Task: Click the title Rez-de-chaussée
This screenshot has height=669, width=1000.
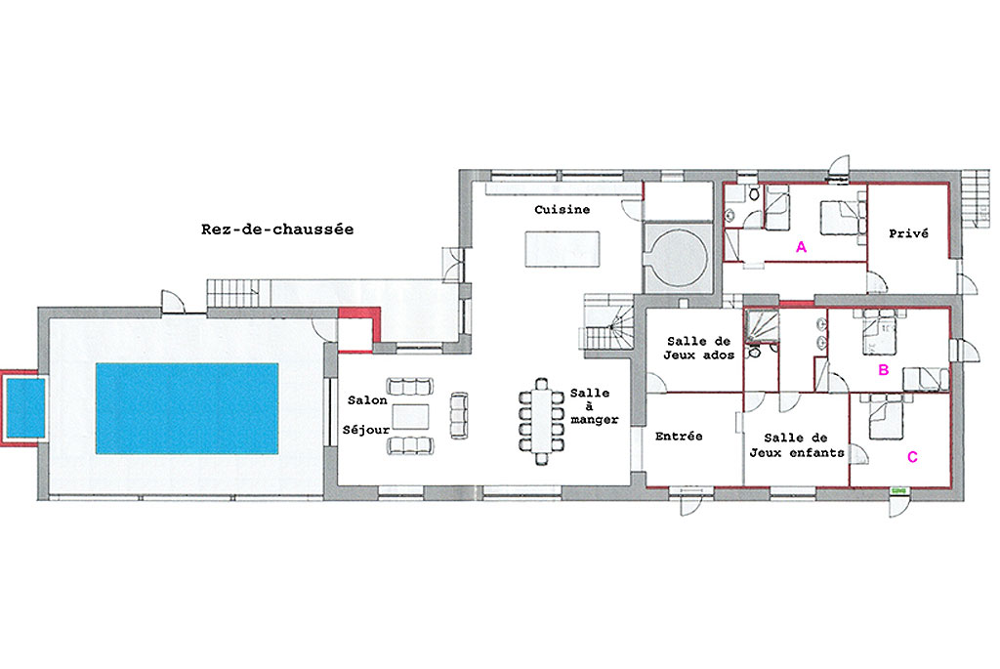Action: tap(277, 229)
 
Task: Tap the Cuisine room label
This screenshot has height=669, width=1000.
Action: tap(562, 209)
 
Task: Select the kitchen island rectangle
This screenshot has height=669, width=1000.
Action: tap(562, 249)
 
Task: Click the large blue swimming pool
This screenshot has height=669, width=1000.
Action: tap(187, 408)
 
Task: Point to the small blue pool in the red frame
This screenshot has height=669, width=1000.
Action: tap(25, 408)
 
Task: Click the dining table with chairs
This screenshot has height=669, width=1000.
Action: tap(541, 422)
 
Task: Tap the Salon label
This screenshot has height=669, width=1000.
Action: tap(367, 400)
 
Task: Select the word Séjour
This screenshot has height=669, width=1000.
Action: tap(366, 430)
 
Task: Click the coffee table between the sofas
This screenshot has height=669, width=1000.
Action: tap(410, 416)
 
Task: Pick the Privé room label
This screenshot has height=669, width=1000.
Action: tap(909, 233)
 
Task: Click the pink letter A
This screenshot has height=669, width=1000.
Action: tap(801, 247)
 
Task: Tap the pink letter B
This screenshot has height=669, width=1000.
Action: tap(883, 370)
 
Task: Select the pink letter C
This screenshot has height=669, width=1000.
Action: tap(912, 457)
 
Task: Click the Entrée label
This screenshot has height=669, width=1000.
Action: tap(679, 437)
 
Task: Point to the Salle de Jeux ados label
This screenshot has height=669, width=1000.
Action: tap(699, 349)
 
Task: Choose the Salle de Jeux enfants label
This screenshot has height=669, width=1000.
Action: tap(797, 445)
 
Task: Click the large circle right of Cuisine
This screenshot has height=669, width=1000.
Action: tap(678, 258)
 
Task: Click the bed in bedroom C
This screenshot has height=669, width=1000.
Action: tap(886, 416)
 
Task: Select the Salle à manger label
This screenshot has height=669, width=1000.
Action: tap(594, 406)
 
